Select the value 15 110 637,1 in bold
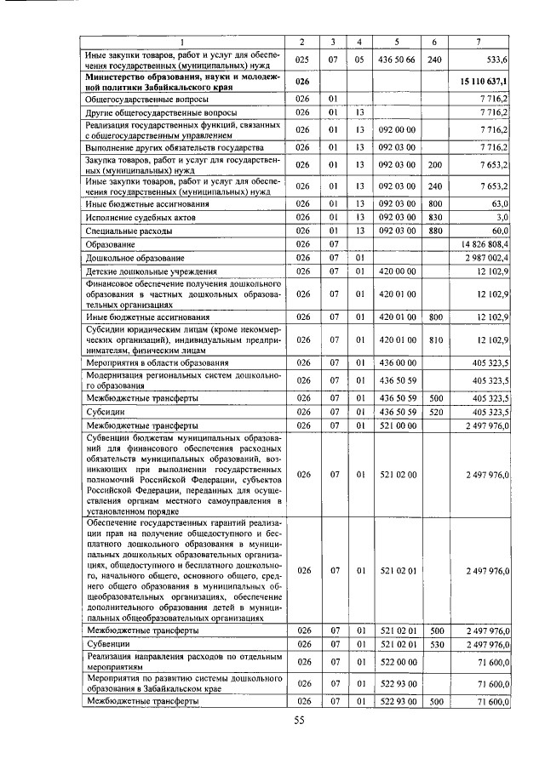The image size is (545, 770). pyautogui.click(x=483, y=81)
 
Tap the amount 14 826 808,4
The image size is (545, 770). pyautogui.click(x=485, y=244)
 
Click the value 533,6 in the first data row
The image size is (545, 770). pyautogui.click(x=496, y=60)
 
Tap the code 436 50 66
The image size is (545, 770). pyautogui.click(x=396, y=60)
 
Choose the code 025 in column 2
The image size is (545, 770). pyautogui.click(x=301, y=60)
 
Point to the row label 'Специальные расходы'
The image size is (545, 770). pyautogui.click(x=129, y=231)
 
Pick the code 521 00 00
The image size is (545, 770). pyautogui.click(x=396, y=425)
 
